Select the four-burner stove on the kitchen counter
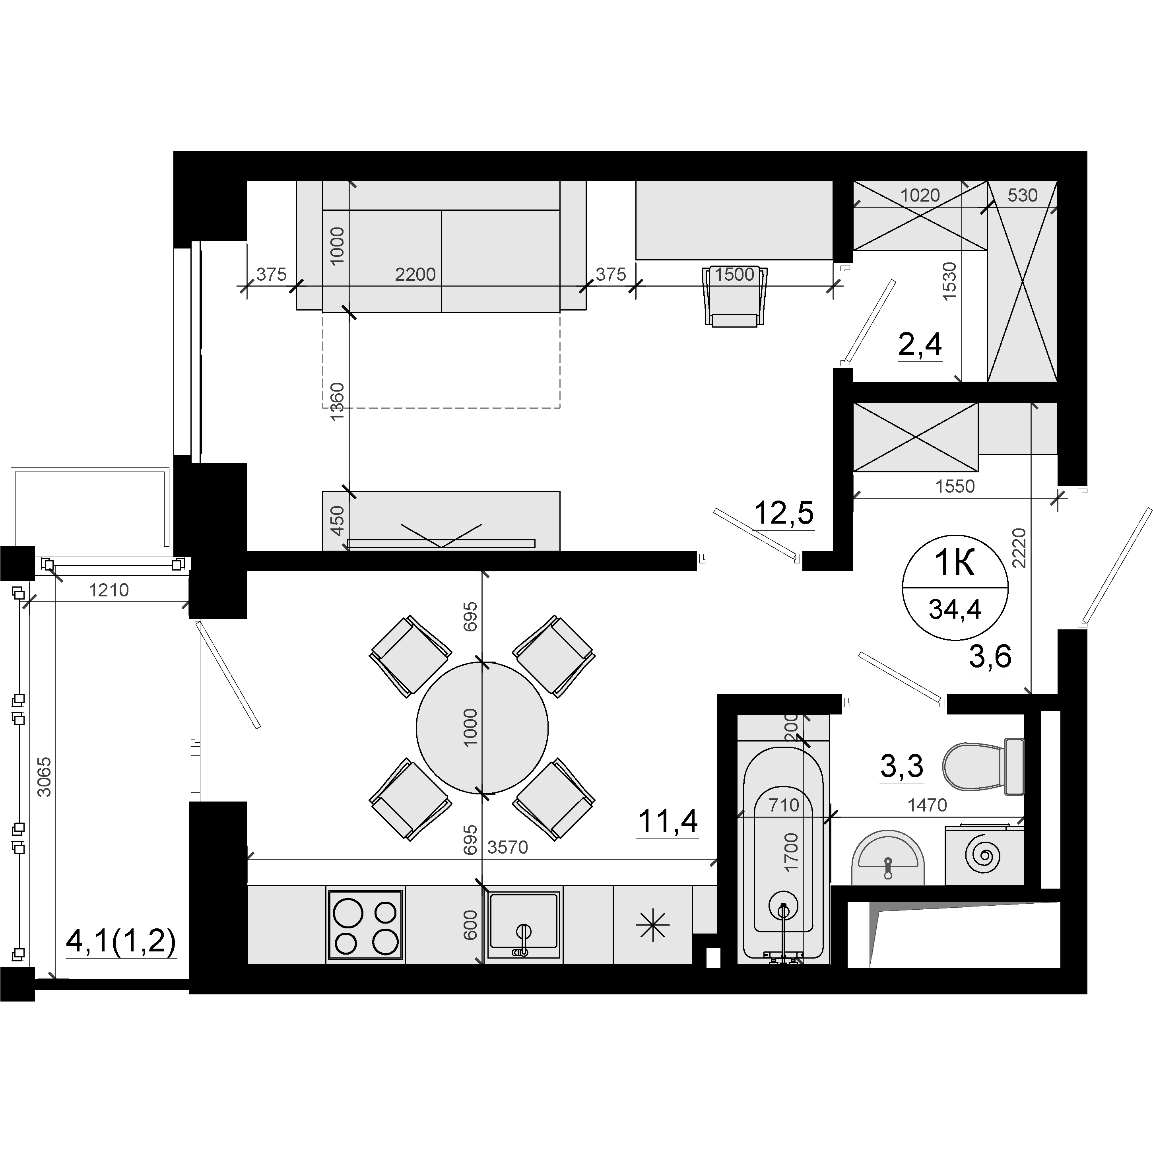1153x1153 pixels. [x=365, y=925]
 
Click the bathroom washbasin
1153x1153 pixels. [x=887, y=858]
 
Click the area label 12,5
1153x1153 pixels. [x=784, y=512]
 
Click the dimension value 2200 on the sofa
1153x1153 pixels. [x=415, y=274]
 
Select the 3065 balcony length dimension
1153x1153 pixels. [x=44, y=777]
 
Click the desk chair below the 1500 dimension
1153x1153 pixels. [x=735, y=297]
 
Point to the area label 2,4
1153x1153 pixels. [x=920, y=344]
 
